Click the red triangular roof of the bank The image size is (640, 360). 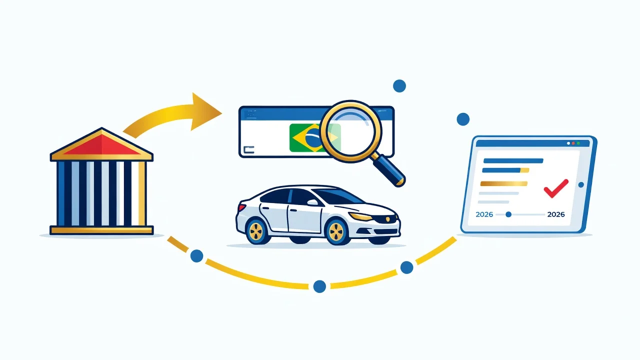click(x=101, y=146)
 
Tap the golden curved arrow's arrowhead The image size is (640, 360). click(x=204, y=112)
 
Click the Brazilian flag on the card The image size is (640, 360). click(x=314, y=137)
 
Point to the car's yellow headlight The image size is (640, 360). click(x=361, y=216)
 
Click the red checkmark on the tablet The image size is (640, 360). click(x=555, y=188)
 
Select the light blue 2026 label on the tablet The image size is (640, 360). click(x=484, y=214)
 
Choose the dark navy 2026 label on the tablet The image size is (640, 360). click(x=556, y=214)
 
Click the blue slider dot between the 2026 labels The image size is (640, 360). click(x=508, y=214)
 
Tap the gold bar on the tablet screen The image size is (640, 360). click(x=503, y=183)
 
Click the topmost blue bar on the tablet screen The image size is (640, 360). click(x=513, y=161)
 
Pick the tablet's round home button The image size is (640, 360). click(x=581, y=185)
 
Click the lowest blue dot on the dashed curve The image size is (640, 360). click(x=319, y=286)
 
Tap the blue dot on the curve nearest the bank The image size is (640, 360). click(x=196, y=255)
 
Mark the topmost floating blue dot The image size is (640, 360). click(x=399, y=85)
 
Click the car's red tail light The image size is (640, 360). click(x=242, y=207)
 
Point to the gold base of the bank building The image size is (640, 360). click(x=101, y=230)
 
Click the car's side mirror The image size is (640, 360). click(x=312, y=202)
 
